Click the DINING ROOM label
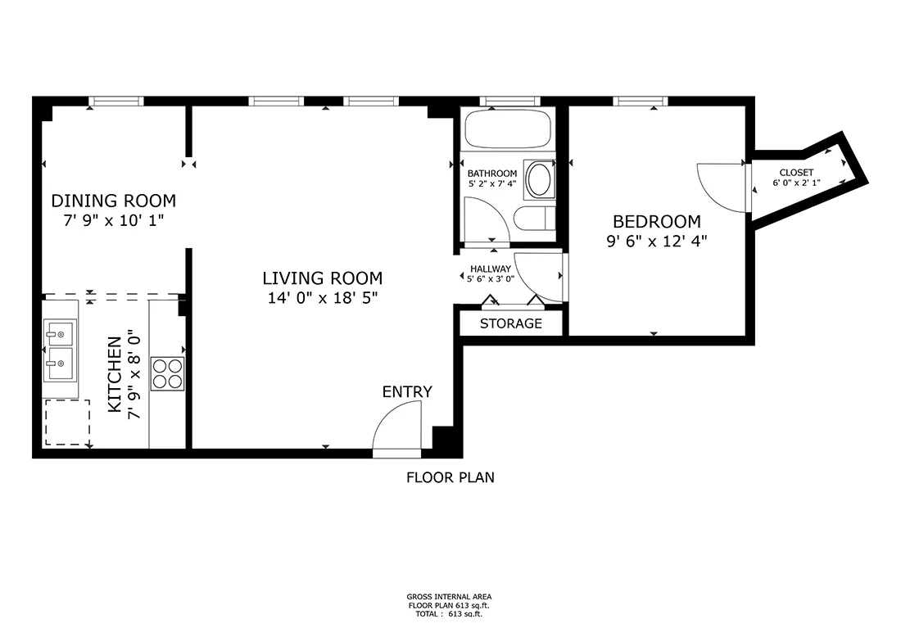114,201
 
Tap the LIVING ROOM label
323,278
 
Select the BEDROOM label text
657,222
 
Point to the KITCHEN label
115,374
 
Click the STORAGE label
511,323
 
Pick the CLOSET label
796,172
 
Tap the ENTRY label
407,391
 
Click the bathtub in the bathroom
508,129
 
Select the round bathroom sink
539,180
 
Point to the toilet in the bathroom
534,219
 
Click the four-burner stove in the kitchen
168,374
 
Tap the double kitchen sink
61,350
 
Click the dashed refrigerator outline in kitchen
67,422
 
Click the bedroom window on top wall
641,102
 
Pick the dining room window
116,102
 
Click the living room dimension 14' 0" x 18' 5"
323,298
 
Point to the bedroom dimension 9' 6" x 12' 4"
657,242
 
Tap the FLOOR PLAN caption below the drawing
450,478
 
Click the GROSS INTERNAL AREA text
449,597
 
